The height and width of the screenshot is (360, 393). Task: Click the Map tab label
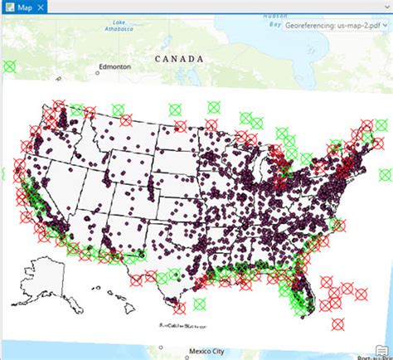point(24,7)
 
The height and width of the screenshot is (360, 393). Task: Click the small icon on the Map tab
point(9,7)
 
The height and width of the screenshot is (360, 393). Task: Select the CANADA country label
point(178,60)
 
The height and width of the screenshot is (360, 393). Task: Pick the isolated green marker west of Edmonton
point(9,66)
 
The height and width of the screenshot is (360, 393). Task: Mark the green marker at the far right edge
point(386,174)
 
